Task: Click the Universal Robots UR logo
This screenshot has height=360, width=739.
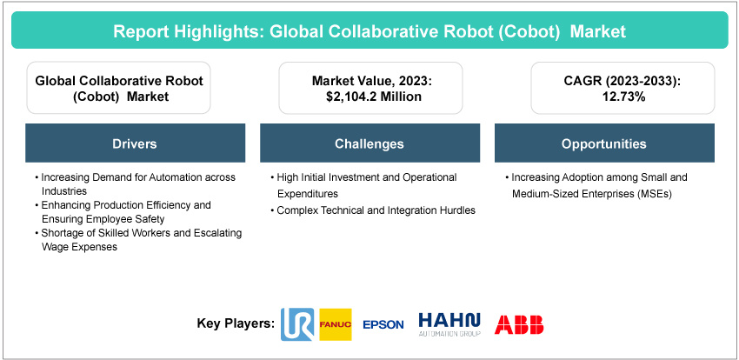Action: point(299,323)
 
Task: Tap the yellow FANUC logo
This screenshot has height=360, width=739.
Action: point(336,323)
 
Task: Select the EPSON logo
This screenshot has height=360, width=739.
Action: point(383,324)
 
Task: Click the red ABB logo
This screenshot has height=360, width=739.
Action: point(519,324)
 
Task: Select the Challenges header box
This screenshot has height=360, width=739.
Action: point(369,143)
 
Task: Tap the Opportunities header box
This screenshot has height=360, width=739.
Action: point(603,143)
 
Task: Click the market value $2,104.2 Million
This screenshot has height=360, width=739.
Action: point(369,97)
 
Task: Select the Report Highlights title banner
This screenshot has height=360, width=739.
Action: point(369,32)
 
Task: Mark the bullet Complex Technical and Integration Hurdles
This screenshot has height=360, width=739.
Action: point(374,210)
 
